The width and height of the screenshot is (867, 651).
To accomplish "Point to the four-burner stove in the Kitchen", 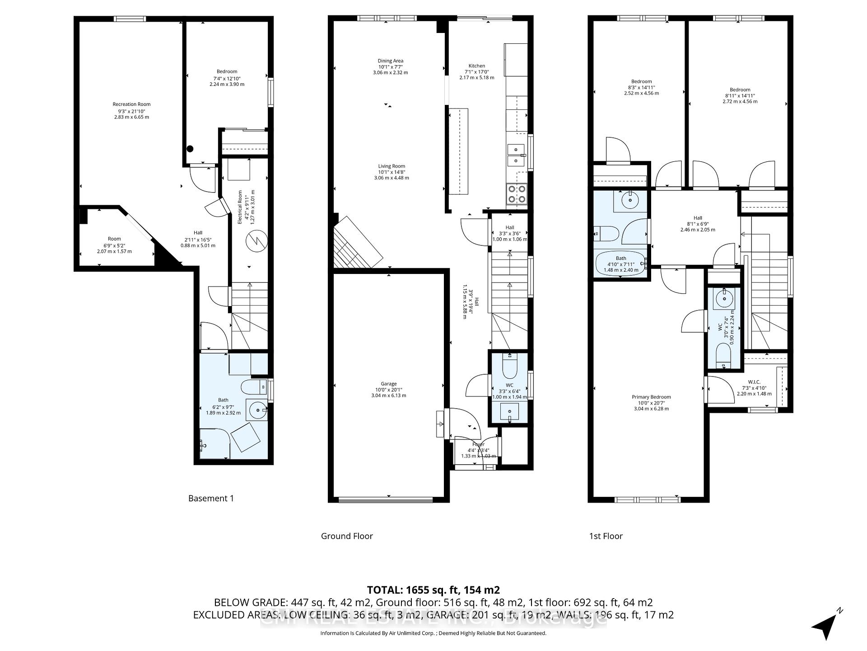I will click(x=516, y=194).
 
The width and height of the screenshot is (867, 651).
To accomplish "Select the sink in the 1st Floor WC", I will click(x=724, y=299).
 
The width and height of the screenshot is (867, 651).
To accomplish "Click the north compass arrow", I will click(x=827, y=625).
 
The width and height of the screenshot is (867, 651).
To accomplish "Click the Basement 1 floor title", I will click(x=211, y=498).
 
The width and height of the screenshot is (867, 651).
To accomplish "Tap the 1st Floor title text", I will click(x=606, y=536).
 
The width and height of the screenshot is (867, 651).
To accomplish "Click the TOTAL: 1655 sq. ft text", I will click(x=433, y=590).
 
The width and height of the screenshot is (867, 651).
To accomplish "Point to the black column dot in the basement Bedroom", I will click(x=190, y=148).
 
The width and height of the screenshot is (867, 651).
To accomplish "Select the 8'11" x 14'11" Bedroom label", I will click(x=740, y=95).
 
